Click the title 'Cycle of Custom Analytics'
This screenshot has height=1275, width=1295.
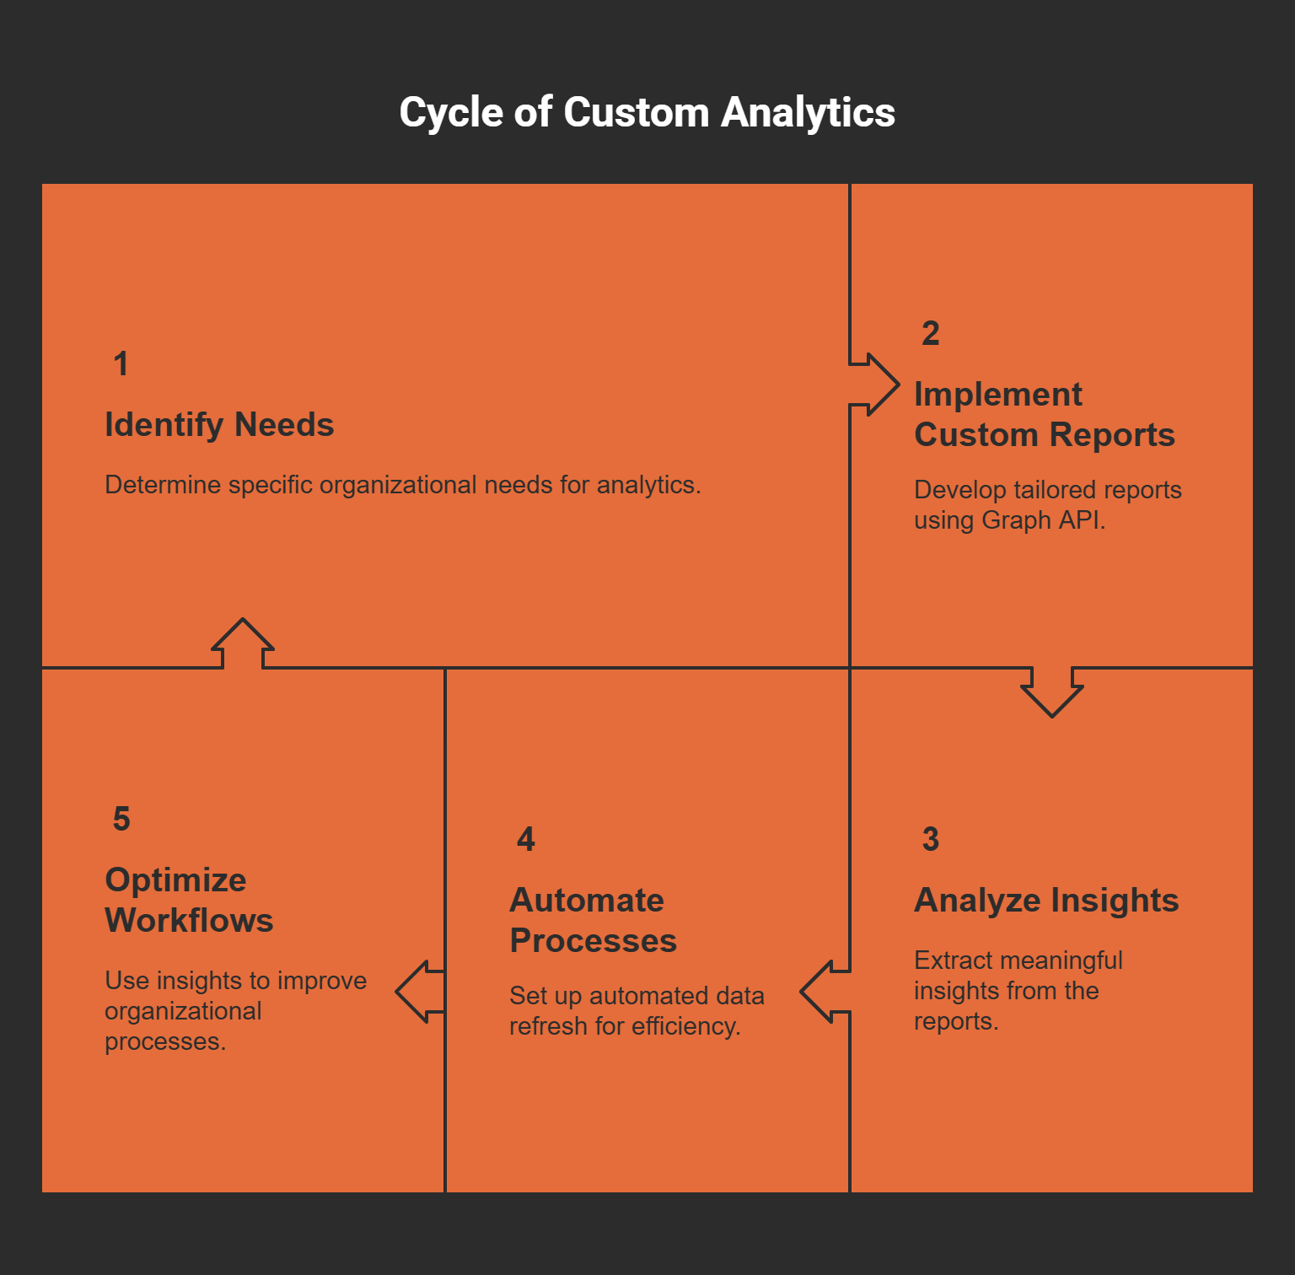pos(647,112)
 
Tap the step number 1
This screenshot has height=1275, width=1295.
pos(121,364)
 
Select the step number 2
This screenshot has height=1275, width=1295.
pos(930,334)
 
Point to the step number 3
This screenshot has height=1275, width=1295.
pos(930,840)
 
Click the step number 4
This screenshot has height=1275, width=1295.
pos(525,840)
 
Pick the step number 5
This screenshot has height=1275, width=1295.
pos(121,820)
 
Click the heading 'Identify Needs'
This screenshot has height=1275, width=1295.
pos(219,425)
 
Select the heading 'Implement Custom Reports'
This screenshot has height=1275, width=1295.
pos(1044,415)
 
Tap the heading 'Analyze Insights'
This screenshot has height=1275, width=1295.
pos(1045,901)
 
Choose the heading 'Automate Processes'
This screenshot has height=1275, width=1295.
pos(593,921)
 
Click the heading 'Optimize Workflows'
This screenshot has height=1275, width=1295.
pos(189,901)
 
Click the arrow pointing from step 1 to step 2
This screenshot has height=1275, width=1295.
pos(877,385)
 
